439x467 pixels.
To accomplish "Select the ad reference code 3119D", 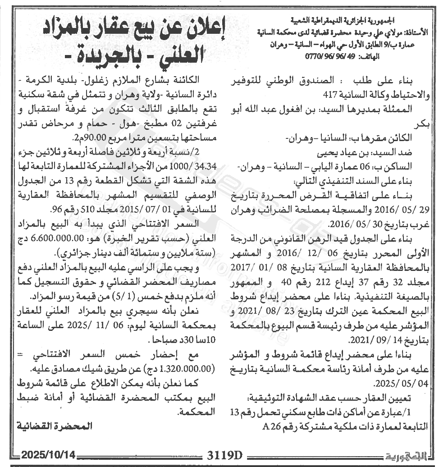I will [219, 454].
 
